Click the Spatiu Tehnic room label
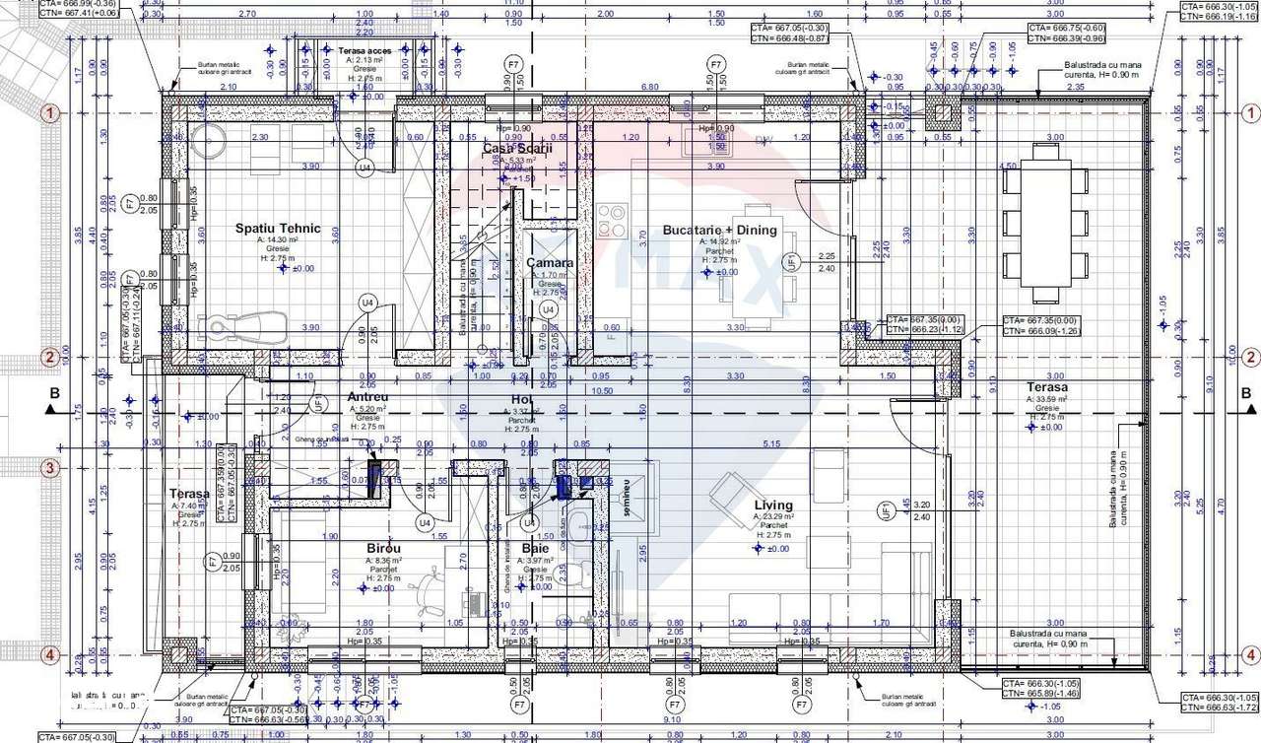pyautogui.click(x=278, y=229)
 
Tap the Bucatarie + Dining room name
pyautogui.click(x=719, y=230)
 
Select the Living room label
pyautogui.click(x=773, y=505)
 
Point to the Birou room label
pyautogui.click(x=383, y=548)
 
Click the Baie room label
pyautogui.click(x=536, y=548)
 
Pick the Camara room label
pyautogui.click(x=550, y=263)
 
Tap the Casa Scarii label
pyautogui.click(x=509, y=148)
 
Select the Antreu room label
pyautogui.click(x=368, y=397)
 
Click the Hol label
pyautogui.click(x=521, y=399)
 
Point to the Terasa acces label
pyautogui.click(x=365, y=49)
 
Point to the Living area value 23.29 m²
pyautogui.click(x=773, y=516)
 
